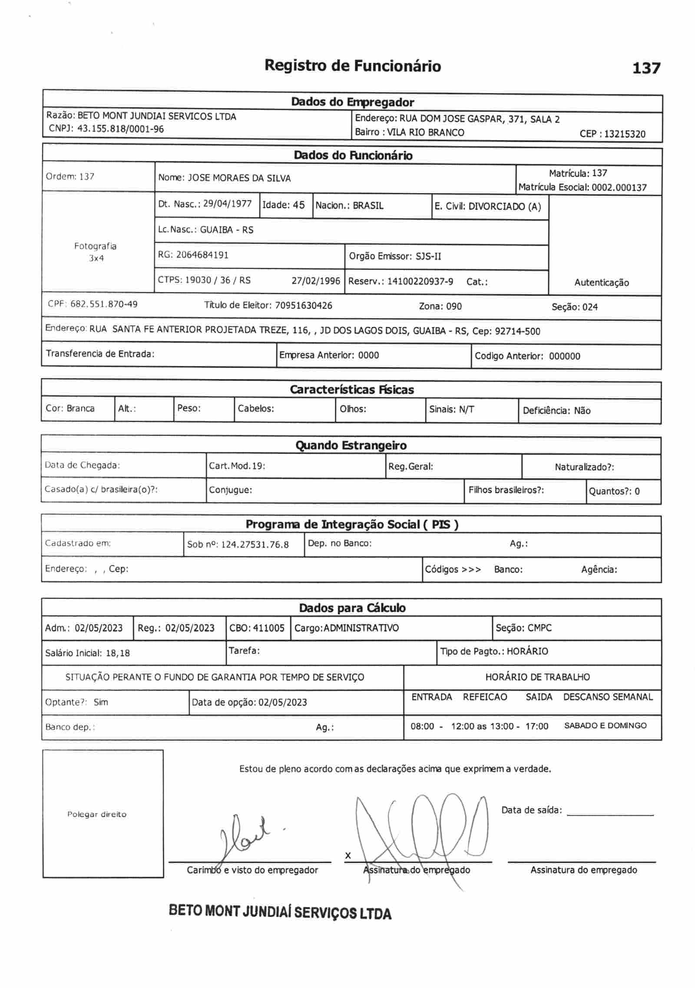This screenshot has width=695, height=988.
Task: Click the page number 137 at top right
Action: click(x=646, y=68)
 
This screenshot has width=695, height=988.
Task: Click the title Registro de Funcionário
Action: click(x=353, y=66)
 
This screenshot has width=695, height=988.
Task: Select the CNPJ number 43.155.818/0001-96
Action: click(x=120, y=129)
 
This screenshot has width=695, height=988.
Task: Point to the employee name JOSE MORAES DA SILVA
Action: click(x=239, y=178)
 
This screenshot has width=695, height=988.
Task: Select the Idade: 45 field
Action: click(x=284, y=205)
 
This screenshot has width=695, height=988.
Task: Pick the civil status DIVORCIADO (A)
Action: click(x=504, y=206)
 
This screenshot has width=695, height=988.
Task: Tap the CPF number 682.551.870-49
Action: click(x=104, y=304)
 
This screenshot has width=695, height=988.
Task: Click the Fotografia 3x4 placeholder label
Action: click(x=96, y=252)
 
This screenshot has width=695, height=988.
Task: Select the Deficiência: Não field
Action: click(x=556, y=410)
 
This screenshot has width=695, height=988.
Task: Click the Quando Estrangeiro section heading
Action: click(x=351, y=446)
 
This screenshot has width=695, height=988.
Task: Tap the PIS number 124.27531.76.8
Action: click(x=255, y=545)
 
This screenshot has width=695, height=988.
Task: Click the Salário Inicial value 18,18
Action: click(x=117, y=653)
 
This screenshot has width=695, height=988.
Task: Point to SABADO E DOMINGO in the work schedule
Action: click(x=605, y=726)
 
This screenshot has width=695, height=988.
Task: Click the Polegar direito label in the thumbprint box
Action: click(x=96, y=814)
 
